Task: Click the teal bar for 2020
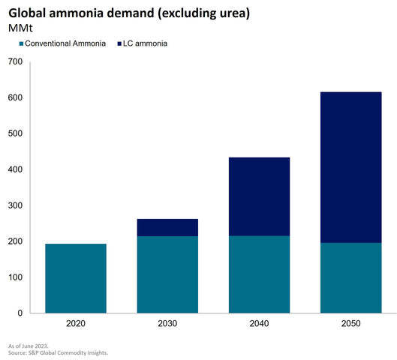[76, 278]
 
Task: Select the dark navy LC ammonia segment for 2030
[167, 227]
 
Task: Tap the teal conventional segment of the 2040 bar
[259, 274]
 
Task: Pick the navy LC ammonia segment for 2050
[351, 167]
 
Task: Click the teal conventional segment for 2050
[351, 278]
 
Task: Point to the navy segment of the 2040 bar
[259, 196]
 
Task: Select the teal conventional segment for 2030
[167, 274]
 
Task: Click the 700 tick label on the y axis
[15, 61]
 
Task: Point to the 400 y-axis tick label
[15, 169]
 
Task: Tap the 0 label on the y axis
[20, 313]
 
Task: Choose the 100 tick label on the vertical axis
[15, 277]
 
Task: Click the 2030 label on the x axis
[167, 323]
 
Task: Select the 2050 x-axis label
[351, 323]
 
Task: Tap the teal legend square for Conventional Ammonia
[21, 43]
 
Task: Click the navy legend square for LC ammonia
[119, 43]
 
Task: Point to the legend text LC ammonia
[145, 43]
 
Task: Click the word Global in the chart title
[27, 13]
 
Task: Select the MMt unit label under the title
[20, 28]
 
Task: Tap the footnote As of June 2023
[28, 346]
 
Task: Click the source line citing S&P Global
[58, 352]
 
